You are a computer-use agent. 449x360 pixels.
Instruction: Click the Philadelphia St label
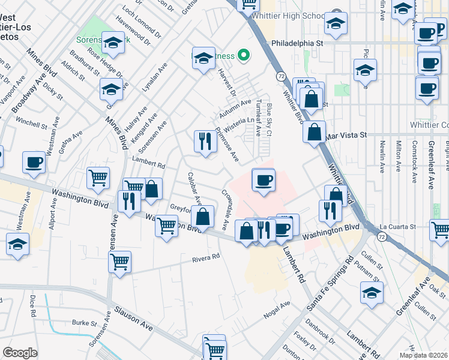(297, 43)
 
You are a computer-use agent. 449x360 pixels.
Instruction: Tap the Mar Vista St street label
(346, 136)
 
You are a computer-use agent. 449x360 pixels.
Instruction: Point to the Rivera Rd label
(206, 257)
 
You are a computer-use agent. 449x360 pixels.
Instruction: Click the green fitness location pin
(243, 57)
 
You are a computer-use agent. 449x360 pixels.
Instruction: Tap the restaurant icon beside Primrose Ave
(205, 141)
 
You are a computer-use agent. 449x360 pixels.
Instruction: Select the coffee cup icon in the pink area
(264, 179)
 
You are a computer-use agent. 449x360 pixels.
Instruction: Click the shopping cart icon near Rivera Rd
(120, 262)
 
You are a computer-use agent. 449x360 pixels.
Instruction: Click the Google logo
(20, 353)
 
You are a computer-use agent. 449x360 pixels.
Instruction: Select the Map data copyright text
(423, 355)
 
